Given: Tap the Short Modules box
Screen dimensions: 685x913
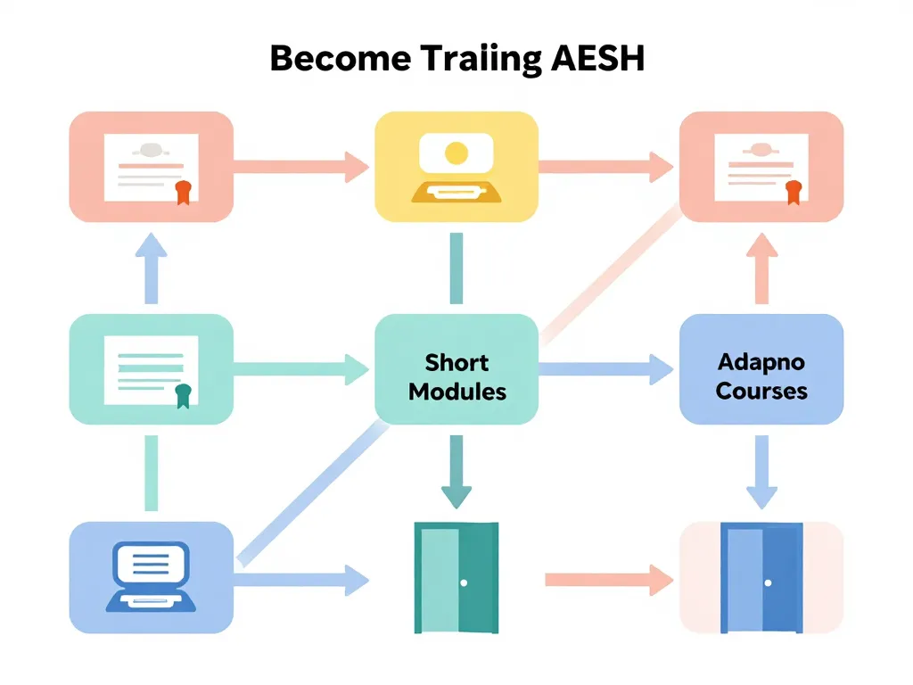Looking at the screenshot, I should pyautogui.click(x=456, y=369).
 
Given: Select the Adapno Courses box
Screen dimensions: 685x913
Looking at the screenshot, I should pyautogui.click(x=761, y=369).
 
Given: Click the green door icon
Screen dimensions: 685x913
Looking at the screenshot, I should pyautogui.click(x=456, y=578).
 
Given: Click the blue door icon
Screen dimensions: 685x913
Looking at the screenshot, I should pyautogui.click(x=761, y=578).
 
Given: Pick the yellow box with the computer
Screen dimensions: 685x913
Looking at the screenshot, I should pyautogui.click(x=456, y=166).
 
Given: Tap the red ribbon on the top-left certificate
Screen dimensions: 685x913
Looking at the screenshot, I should pyautogui.click(x=184, y=192).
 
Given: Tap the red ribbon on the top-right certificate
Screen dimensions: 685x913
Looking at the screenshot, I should pyautogui.click(x=794, y=192).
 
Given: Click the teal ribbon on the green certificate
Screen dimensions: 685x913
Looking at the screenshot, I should pyautogui.click(x=183, y=395).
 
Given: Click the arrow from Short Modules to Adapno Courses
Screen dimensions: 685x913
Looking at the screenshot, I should pyautogui.click(x=606, y=367).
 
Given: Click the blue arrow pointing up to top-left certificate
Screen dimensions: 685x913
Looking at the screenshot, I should pyautogui.click(x=151, y=268).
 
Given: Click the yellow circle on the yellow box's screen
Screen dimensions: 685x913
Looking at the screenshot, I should pyautogui.click(x=456, y=153).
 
